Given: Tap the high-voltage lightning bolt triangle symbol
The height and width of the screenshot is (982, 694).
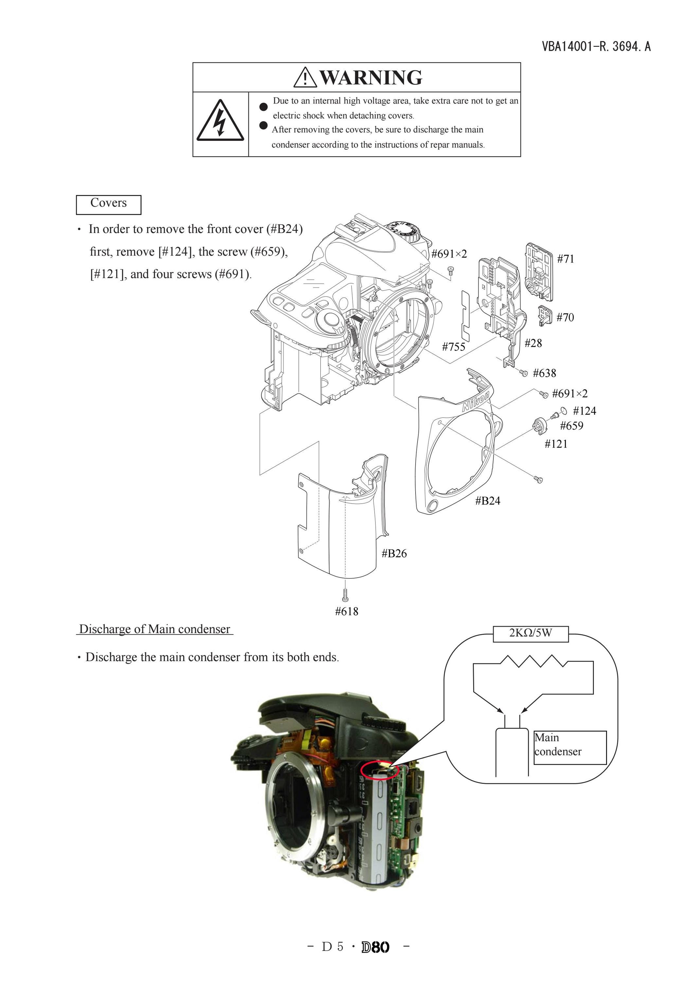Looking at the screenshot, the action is click(220, 120).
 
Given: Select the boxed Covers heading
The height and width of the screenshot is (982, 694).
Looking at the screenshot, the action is click(109, 204).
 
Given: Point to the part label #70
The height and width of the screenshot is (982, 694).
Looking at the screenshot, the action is click(565, 317).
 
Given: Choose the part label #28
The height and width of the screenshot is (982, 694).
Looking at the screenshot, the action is click(533, 343).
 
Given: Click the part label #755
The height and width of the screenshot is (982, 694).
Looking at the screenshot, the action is click(454, 346).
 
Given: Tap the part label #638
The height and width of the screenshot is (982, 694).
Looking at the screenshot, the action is click(544, 373).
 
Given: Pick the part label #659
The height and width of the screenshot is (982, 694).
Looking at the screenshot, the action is click(571, 426).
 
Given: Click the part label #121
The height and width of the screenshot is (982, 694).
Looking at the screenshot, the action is click(556, 444).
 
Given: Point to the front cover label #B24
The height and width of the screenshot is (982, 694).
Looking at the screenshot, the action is click(488, 501).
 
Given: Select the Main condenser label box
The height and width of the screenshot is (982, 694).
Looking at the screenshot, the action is click(570, 748).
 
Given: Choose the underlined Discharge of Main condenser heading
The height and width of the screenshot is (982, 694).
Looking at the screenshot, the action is click(155, 629).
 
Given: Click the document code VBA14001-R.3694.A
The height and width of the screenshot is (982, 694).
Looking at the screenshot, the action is click(596, 46).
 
